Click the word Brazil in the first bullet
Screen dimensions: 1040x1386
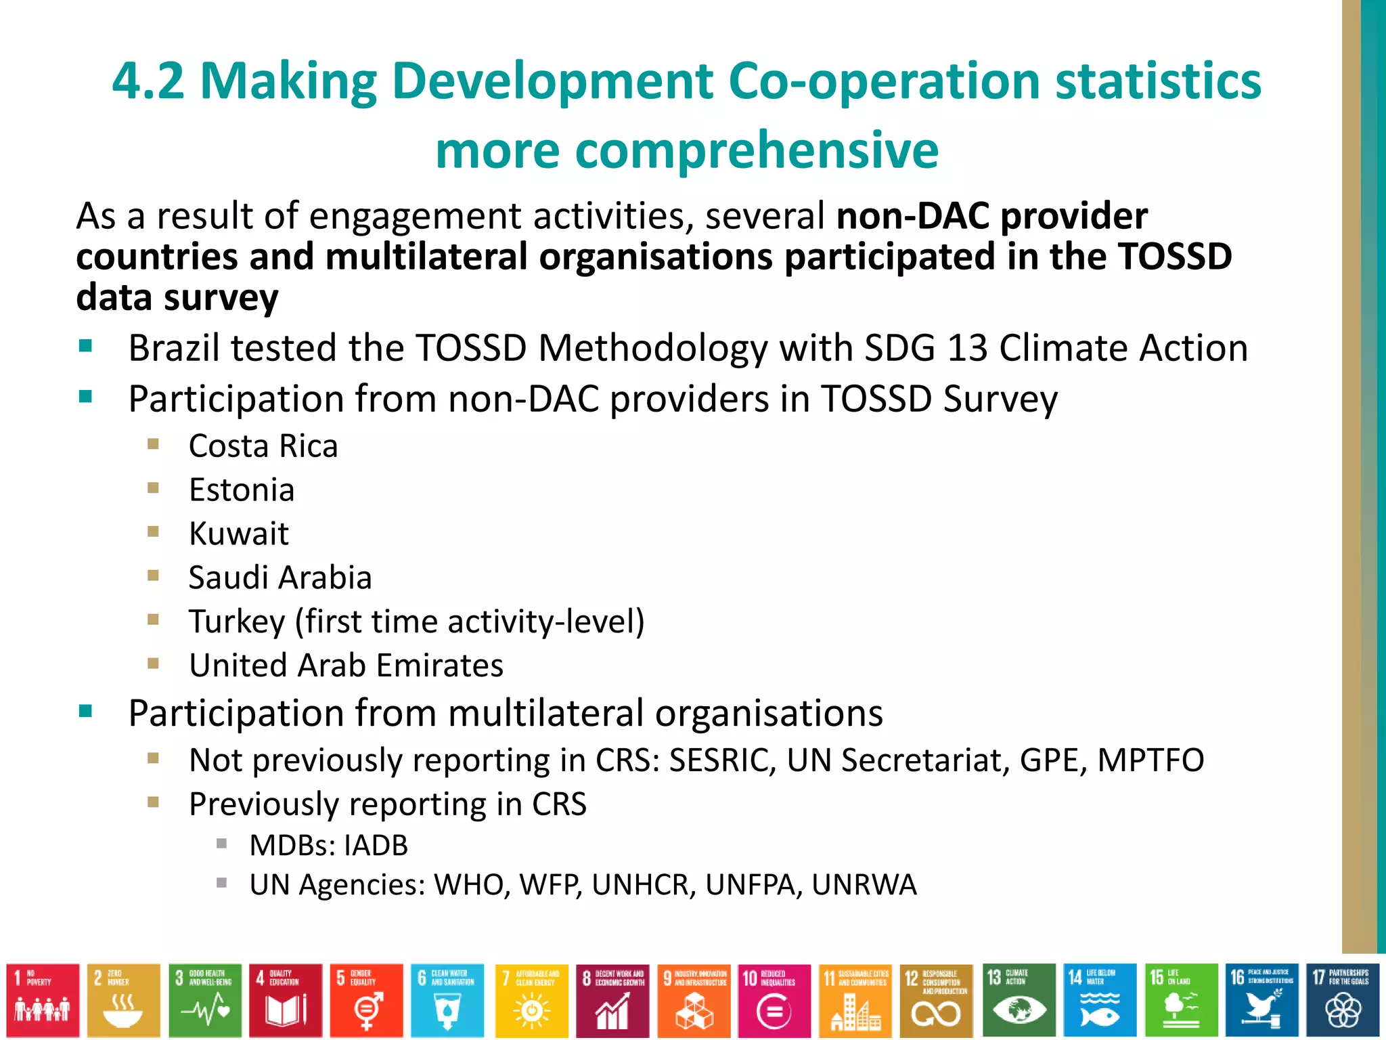pos(173,349)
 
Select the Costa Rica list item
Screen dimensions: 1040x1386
pos(263,447)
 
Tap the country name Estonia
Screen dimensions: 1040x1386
pos(242,490)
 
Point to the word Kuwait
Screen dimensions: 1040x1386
pos(238,534)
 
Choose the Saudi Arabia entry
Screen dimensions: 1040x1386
pos(280,578)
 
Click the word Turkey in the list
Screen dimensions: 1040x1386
pos(237,622)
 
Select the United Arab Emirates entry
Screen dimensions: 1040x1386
pos(346,666)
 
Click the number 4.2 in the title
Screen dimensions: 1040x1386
pos(148,81)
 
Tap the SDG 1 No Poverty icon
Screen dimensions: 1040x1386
pos(43,1000)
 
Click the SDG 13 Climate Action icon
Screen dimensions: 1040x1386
pos(1018,1000)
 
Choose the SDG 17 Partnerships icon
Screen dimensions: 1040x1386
pos(1342,1000)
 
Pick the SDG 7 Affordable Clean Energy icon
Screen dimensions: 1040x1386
pos(531,1000)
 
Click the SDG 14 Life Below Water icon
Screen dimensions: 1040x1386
pos(1099,1000)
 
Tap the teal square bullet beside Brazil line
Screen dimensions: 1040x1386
pos(85,347)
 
